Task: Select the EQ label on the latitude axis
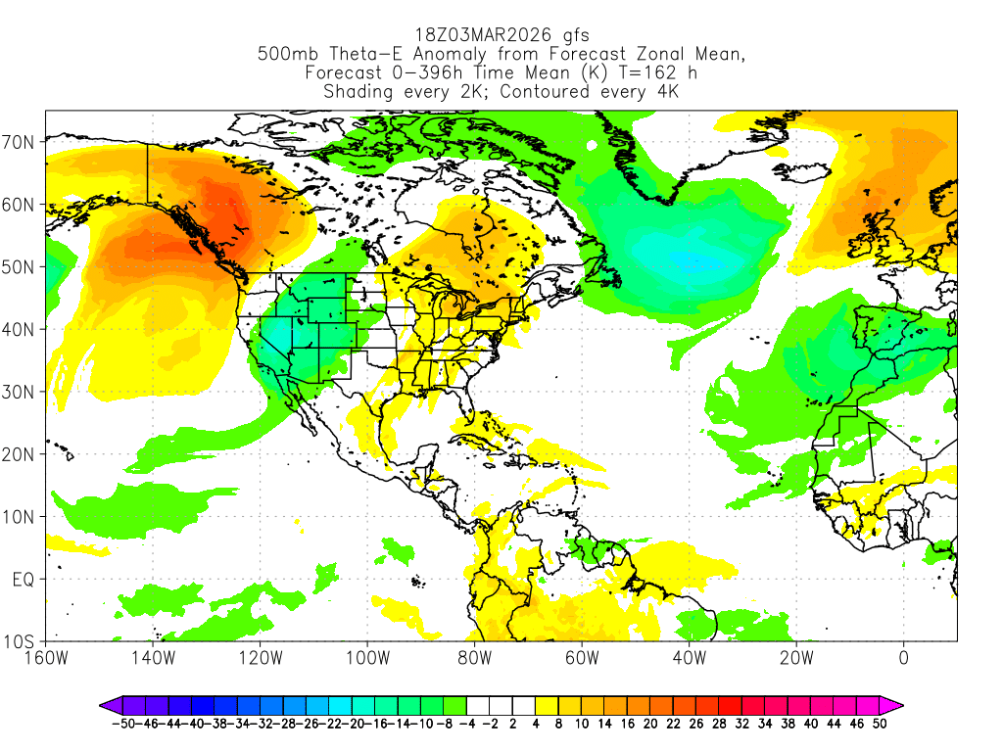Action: pyautogui.click(x=23, y=580)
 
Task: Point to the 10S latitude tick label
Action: pyautogui.click(x=21, y=642)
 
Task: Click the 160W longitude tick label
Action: pyautogui.click(x=46, y=657)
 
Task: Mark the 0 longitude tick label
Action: pyautogui.click(x=903, y=657)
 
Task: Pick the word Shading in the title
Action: pyautogui.click(x=358, y=92)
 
